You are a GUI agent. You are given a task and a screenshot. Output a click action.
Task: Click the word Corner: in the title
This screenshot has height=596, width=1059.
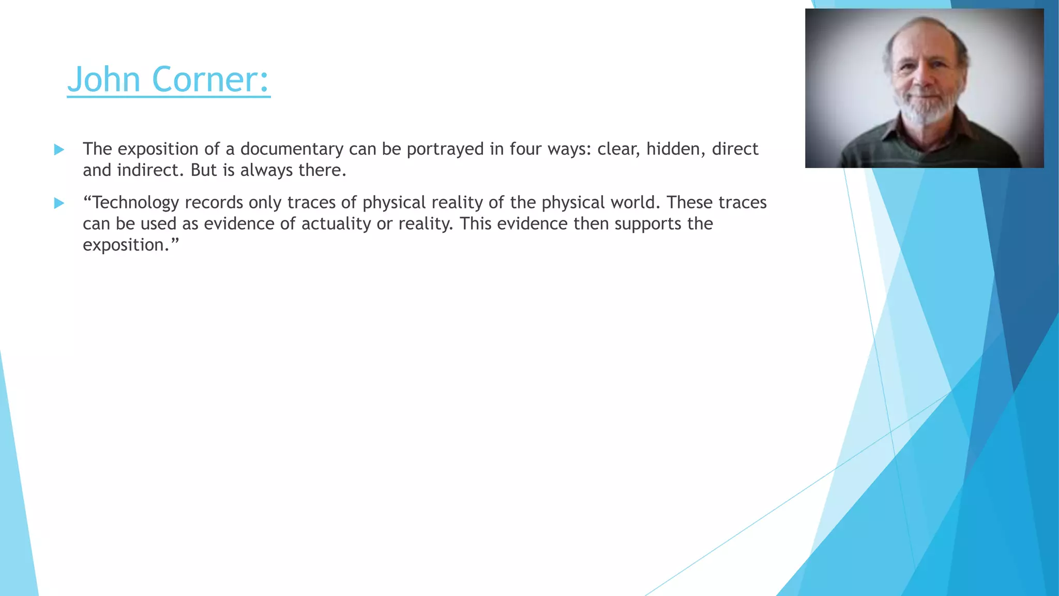tap(210, 80)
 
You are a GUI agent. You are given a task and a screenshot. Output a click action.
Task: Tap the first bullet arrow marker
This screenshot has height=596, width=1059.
tap(59, 150)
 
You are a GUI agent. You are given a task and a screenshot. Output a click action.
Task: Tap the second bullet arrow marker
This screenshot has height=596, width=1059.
tap(59, 203)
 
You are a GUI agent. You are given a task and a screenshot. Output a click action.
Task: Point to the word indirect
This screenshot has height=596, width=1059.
tap(150, 170)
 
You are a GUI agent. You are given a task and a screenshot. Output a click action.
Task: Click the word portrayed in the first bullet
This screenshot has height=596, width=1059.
tap(445, 150)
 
